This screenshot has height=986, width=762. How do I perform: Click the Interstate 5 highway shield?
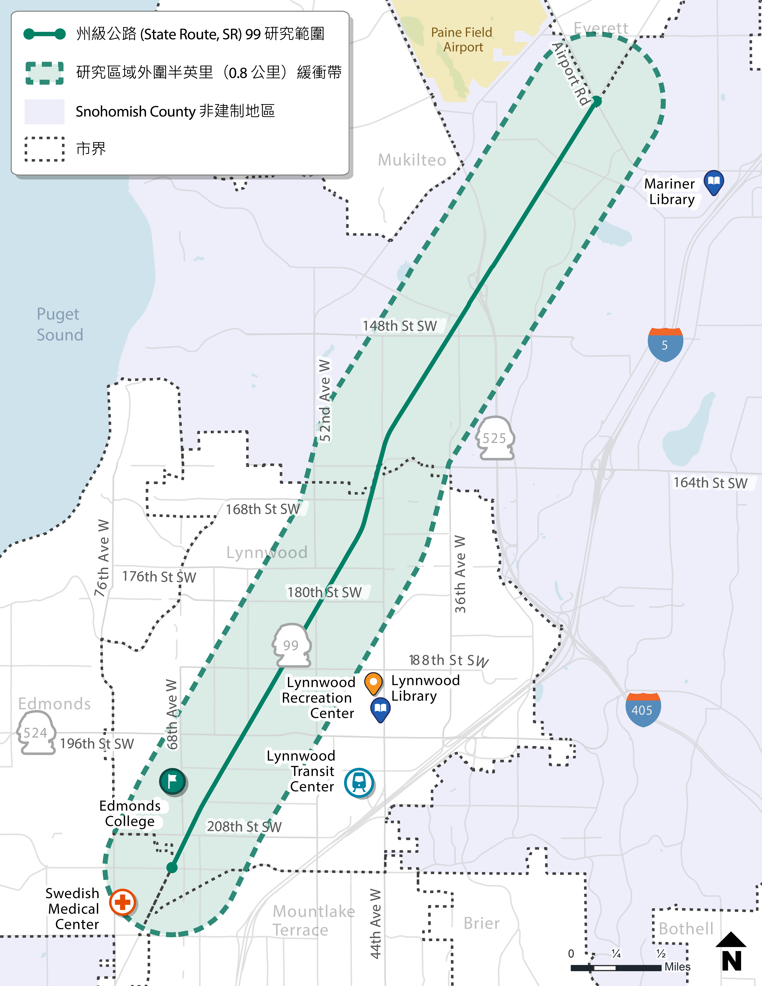[x=665, y=345]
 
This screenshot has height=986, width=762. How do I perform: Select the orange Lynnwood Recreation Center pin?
[x=373, y=683]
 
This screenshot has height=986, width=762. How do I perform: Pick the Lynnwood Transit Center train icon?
[x=359, y=782]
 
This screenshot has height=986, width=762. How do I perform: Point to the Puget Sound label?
[x=60, y=324]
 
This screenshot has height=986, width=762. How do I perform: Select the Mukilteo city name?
[x=412, y=160]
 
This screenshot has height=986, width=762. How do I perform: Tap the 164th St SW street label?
[x=710, y=483]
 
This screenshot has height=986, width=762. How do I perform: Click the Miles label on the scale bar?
[x=677, y=967]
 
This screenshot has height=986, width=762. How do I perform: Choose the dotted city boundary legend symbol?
[x=44, y=149]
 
